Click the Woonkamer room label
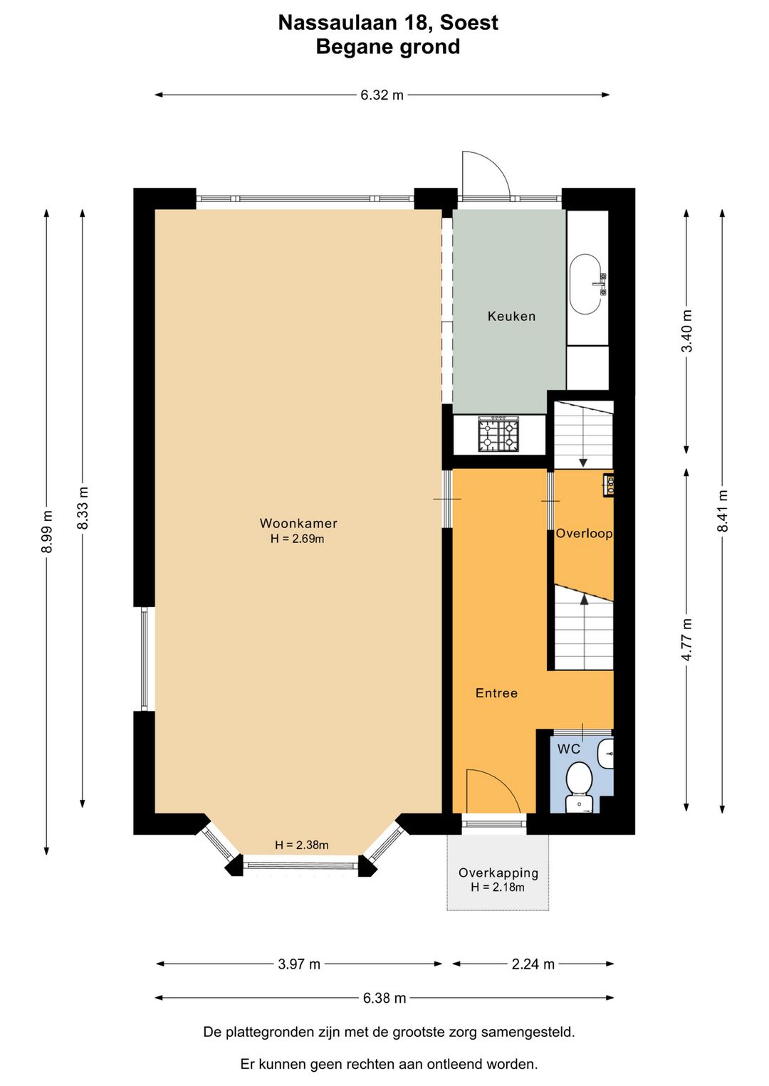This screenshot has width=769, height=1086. pyautogui.click(x=298, y=523)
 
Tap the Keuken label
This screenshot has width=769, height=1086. pyautogui.click(x=511, y=316)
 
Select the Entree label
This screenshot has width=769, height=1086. pyautogui.click(x=496, y=693)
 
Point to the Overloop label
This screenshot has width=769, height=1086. pyautogui.click(x=584, y=533)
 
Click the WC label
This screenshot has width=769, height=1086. pyautogui.click(x=569, y=749)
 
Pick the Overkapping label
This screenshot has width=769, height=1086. pyautogui.click(x=498, y=873)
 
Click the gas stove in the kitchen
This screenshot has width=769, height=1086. pyautogui.click(x=498, y=434)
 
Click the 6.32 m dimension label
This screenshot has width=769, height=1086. pyautogui.click(x=382, y=95)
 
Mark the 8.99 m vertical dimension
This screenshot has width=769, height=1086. pyautogui.click(x=46, y=532)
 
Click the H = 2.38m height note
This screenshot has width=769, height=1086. pyautogui.click(x=301, y=845)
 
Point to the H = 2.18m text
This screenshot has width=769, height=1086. pyautogui.click(x=497, y=887)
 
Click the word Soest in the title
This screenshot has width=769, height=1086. pyautogui.click(x=469, y=23)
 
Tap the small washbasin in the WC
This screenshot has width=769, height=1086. pyautogui.click(x=606, y=754)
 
